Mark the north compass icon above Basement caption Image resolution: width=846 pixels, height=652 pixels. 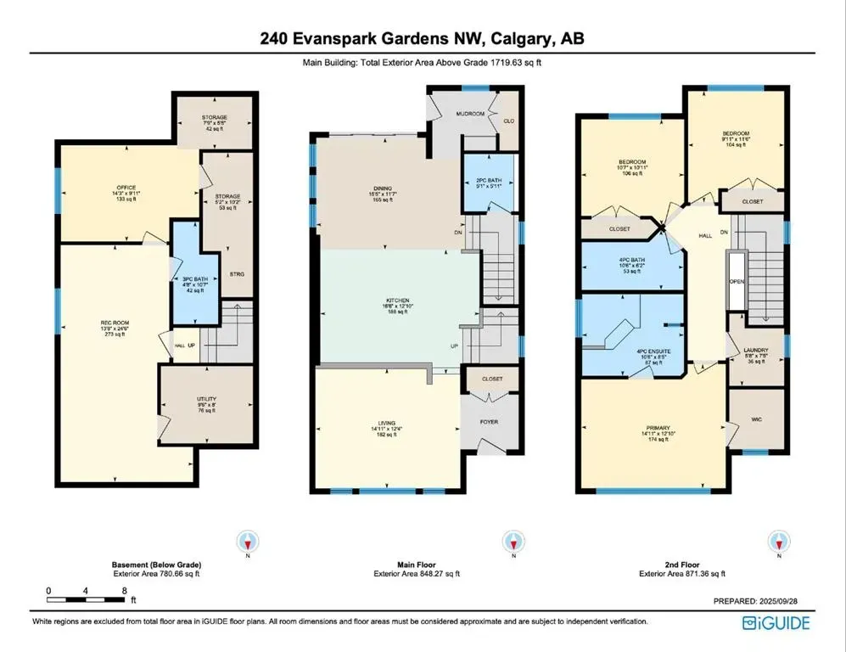(247, 542)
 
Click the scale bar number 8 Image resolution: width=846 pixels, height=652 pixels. (125, 590)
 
